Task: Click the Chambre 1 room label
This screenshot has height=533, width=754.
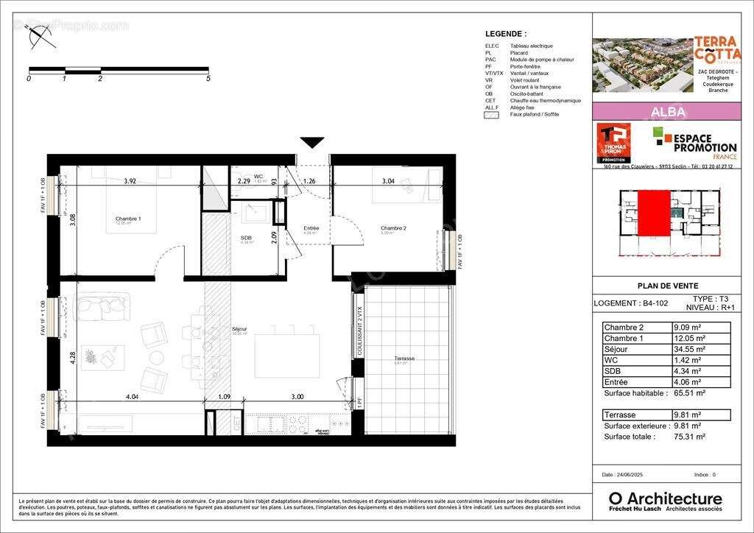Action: (x=128, y=219)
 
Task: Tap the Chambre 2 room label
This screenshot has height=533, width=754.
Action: (x=393, y=228)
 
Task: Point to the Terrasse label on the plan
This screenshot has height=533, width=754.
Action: (x=404, y=359)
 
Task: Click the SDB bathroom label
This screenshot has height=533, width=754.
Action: (x=246, y=238)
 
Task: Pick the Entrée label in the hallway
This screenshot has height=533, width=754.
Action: (x=311, y=228)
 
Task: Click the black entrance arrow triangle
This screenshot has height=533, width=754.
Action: (x=312, y=142)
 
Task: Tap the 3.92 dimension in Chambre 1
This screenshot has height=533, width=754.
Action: (x=130, y=180)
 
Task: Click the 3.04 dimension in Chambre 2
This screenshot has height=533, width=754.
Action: (x=387, y=180)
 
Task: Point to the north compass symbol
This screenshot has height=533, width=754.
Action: (x=40, y=35)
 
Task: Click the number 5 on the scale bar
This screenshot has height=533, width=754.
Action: (x=208, y=77)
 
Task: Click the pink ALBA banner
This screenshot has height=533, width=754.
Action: (x=667, y=112)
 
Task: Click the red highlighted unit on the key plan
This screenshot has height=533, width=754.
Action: (x=653, y=213)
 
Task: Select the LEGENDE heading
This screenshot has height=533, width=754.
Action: (x=506, y=34)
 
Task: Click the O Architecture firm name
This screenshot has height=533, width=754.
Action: (x=665, y=498)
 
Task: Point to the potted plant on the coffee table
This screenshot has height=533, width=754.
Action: (x=91, y=357)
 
